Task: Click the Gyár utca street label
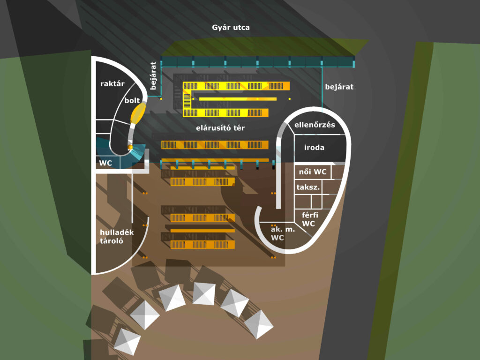[x=231, y=28]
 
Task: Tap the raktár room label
[x=112, y=84]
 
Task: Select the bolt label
[x=133, y=100]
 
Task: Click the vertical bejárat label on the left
[x=152, y=75]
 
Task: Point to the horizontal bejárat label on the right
[x=339, y=87]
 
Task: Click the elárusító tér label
[x=220, y=127]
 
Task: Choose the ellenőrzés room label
[x=315, y=125]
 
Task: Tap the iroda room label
[x=314, y=148]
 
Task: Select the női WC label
[x=313, y=172]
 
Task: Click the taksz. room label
[x=308, y=187]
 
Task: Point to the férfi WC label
[x=309, y=219]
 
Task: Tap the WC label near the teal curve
[x=105, y=164]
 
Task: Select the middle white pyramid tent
[x=203, y=293]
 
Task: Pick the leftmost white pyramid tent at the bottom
[x=127, y=341]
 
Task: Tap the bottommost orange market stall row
[x=202, y=245]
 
